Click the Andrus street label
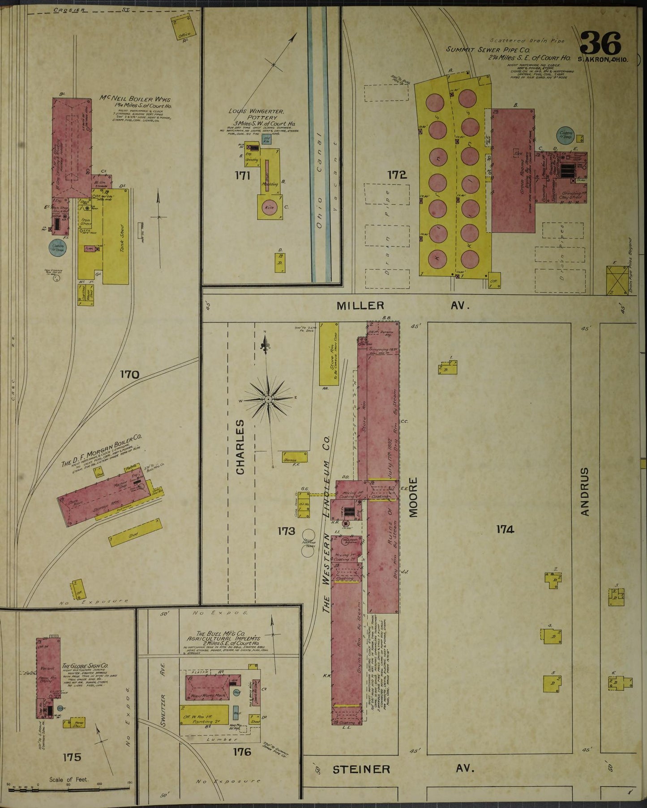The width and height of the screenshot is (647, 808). pyautogui.click(x=584, y=492)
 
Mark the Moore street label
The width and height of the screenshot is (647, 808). pyautogui.click(x=413, y=497)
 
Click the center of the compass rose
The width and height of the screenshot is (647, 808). pyautogui.click(x=268, y=399)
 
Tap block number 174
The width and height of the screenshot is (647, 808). pyautogui.click(x=505, y=529)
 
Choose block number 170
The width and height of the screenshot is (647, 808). pyautogui.click(x=129, y=374)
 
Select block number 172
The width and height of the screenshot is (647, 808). pyautogui.click(x=397, y=175)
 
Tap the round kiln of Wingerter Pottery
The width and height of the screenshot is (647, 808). pyautogui.click(x=270, y=207)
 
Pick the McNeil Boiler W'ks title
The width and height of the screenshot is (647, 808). pyautogui.click(x=135, y=99)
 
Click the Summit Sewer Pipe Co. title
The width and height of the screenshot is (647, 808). pyautogui.click(x=488, y=50)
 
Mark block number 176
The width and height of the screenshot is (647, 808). pyautogui.click(x=242, y=752)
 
